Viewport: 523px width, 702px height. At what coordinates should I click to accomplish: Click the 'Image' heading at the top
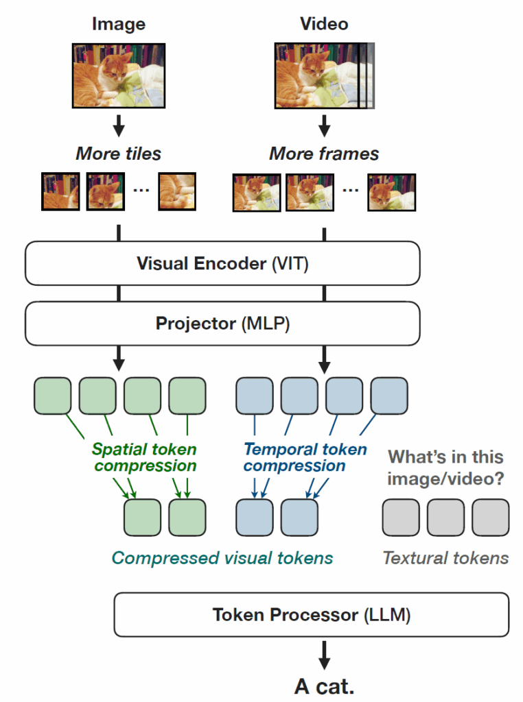click(x=118, y=24)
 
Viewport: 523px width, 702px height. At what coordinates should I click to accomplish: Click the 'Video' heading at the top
click(x=324, y=24)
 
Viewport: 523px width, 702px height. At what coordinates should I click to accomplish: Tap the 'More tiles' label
click(x=118, y=153)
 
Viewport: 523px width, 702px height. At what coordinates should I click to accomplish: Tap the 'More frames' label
click(x=324, y=153)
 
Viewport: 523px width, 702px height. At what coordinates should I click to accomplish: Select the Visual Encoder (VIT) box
click(x=222, y=263)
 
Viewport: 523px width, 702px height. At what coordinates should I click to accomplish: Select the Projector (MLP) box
click(x=222, y=323)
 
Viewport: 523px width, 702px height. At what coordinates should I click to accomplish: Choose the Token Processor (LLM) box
click(x=311, y=615)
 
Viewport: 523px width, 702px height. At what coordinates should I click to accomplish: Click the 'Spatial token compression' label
click(x=144, y=457)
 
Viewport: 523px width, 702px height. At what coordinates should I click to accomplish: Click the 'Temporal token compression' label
click(x=305, y=457)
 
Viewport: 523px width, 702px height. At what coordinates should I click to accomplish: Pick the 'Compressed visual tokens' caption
click(x=222, y=558)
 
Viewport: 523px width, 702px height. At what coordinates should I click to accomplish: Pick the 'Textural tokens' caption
click(x=445, y=558)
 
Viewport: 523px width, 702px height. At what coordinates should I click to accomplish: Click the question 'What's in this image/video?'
click(x=445, y=468)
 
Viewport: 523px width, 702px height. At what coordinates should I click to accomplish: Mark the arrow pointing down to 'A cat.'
click(x=325, y=655)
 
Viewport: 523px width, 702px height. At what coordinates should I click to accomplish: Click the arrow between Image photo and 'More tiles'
click(x=118, y=125)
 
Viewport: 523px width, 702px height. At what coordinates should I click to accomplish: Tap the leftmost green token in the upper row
click(x=52, y=396)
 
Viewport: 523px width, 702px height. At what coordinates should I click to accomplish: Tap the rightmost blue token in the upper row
click(x=389, y=396)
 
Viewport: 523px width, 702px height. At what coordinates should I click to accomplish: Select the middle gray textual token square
click(x=445, y=517)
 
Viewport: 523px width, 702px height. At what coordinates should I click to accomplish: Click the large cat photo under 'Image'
click(x=118, y=75)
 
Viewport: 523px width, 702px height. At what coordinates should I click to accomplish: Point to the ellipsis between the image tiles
click(x=141, y=189)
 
